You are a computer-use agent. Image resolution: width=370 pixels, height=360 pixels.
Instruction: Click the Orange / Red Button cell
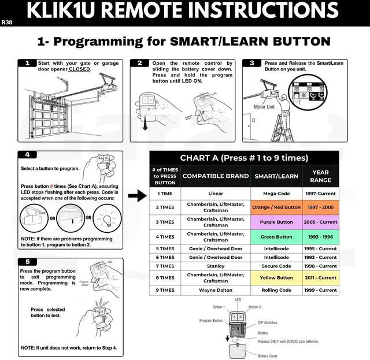(x=276, y=207)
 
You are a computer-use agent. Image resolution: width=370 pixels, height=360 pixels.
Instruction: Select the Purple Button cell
(x=276, y=222)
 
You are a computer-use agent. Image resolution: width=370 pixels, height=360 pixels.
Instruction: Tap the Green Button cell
(x=276, y=237)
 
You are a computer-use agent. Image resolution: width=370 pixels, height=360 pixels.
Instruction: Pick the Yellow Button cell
(x=276, y=278)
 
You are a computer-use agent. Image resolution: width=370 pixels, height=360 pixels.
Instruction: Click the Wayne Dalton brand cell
(x=215, y=290)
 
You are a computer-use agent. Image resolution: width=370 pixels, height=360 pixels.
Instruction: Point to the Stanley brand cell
(x=215, y=266)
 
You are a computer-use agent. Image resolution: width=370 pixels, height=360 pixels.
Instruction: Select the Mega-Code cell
(x=276, y=194)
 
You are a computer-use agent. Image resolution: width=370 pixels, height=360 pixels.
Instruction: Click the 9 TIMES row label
(x=165, y=290)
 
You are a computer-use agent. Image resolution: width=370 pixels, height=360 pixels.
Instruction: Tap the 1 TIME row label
(x=165, y=194)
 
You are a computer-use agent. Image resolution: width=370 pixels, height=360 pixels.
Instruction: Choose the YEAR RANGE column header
(x=320, y=176)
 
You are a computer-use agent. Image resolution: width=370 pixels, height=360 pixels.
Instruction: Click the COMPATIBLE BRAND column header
(x=215, y=176)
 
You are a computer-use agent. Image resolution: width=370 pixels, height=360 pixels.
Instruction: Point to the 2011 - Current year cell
(x=320, y=278)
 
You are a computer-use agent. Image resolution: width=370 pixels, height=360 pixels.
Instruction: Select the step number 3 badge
(x=251, y=63)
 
